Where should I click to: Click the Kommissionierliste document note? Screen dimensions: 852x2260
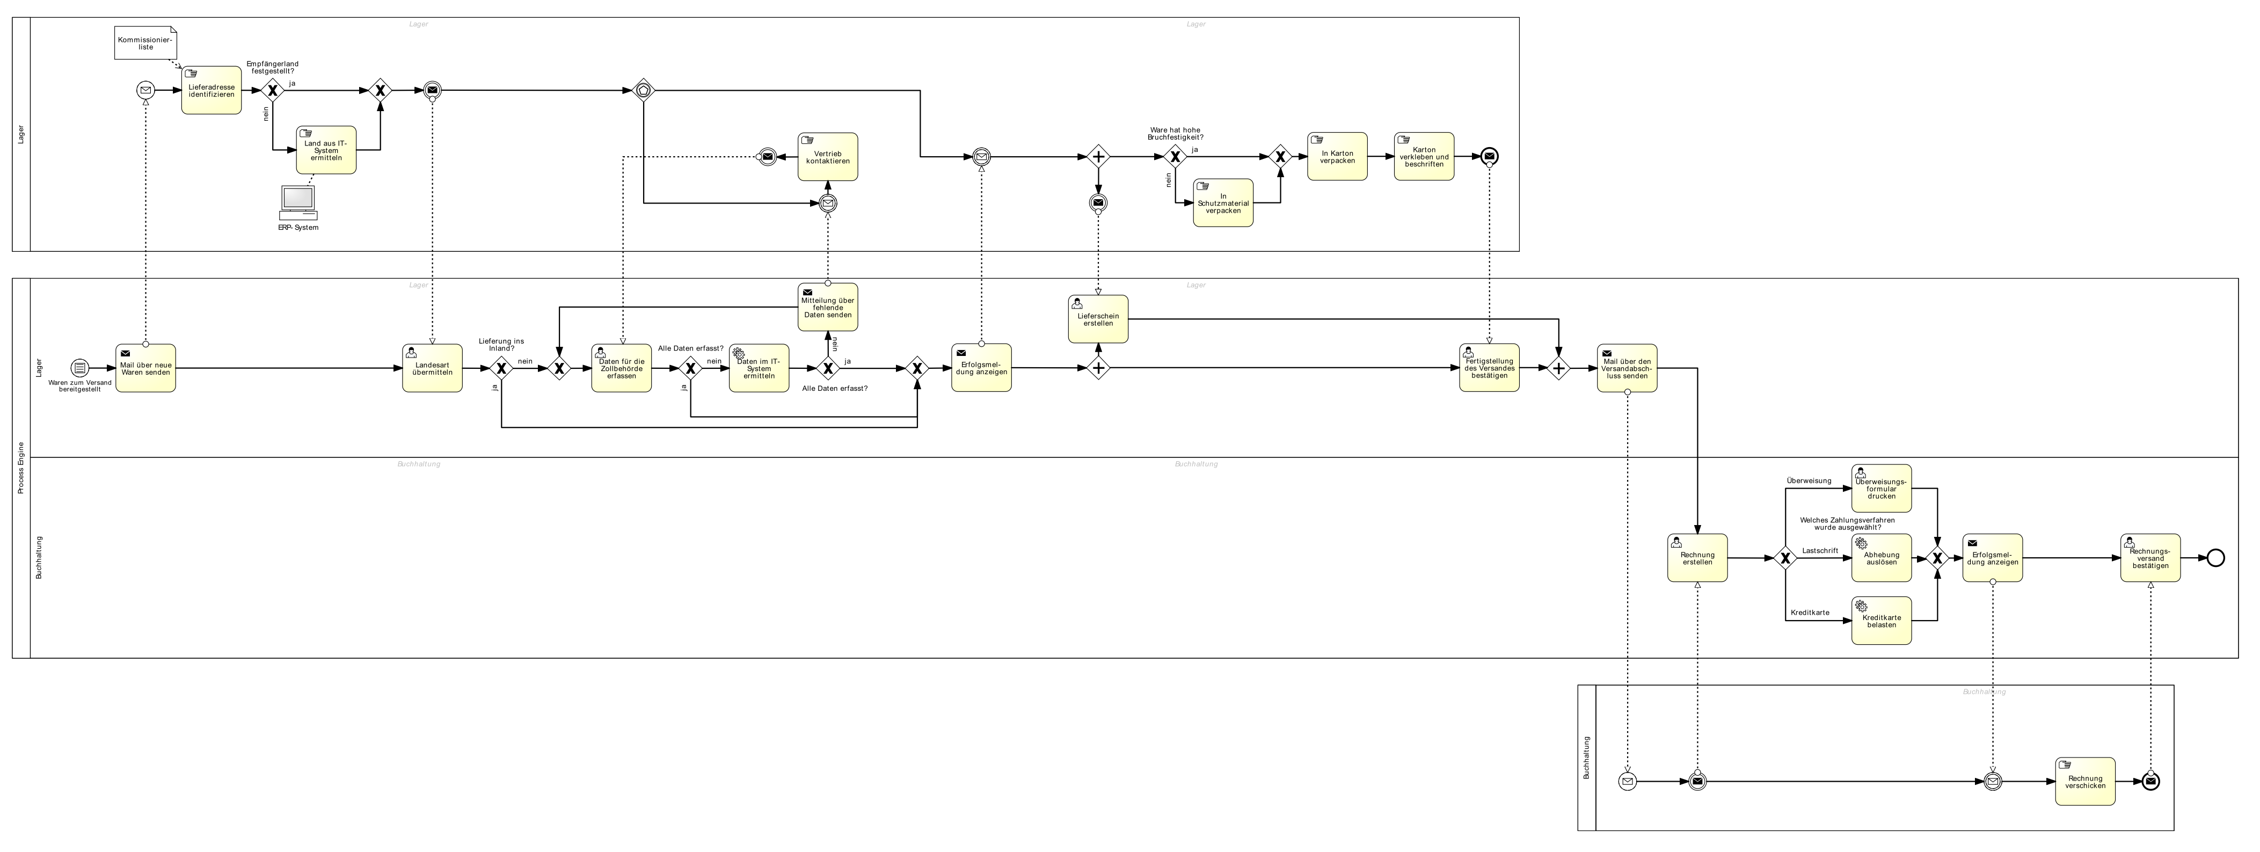pos(145,43)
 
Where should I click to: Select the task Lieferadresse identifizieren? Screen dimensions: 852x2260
pos(212,90)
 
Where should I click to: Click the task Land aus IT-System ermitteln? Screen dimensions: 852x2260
pos(326,150)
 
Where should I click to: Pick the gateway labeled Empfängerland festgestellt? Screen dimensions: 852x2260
pos(273,90)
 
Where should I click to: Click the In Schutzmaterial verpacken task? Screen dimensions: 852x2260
pos(1223,203)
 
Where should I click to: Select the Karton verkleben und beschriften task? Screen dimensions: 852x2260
pos(1424,157)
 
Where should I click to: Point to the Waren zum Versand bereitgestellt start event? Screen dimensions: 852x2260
pos(80,368)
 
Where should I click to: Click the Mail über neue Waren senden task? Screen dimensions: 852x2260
pos(145,368)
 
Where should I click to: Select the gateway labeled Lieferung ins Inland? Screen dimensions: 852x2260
pos(501,368)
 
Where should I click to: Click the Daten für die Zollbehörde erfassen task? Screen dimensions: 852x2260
pos(621,368)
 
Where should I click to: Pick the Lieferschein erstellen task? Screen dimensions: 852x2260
pos(1098,319)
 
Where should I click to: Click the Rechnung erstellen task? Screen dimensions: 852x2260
pos(1697,558)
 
